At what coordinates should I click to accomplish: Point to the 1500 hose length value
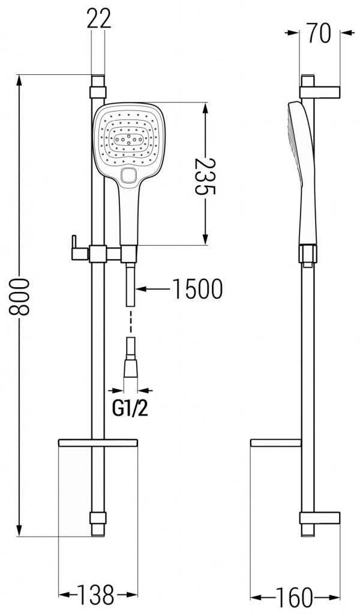[x=197, y=290]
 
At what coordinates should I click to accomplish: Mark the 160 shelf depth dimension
[x=295, y=597]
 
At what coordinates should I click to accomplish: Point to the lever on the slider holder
[x=74, y=246]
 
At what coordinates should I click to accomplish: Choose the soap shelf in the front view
[x=98, y=443]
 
